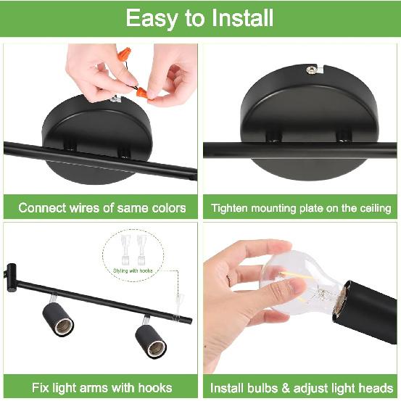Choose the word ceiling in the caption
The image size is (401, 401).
click(x=374, y=208)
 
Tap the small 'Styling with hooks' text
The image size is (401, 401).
click(x=133, y=270)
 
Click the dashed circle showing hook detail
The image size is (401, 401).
click(x=133, y=255)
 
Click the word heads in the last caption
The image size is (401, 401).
click(x=378, y=387)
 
